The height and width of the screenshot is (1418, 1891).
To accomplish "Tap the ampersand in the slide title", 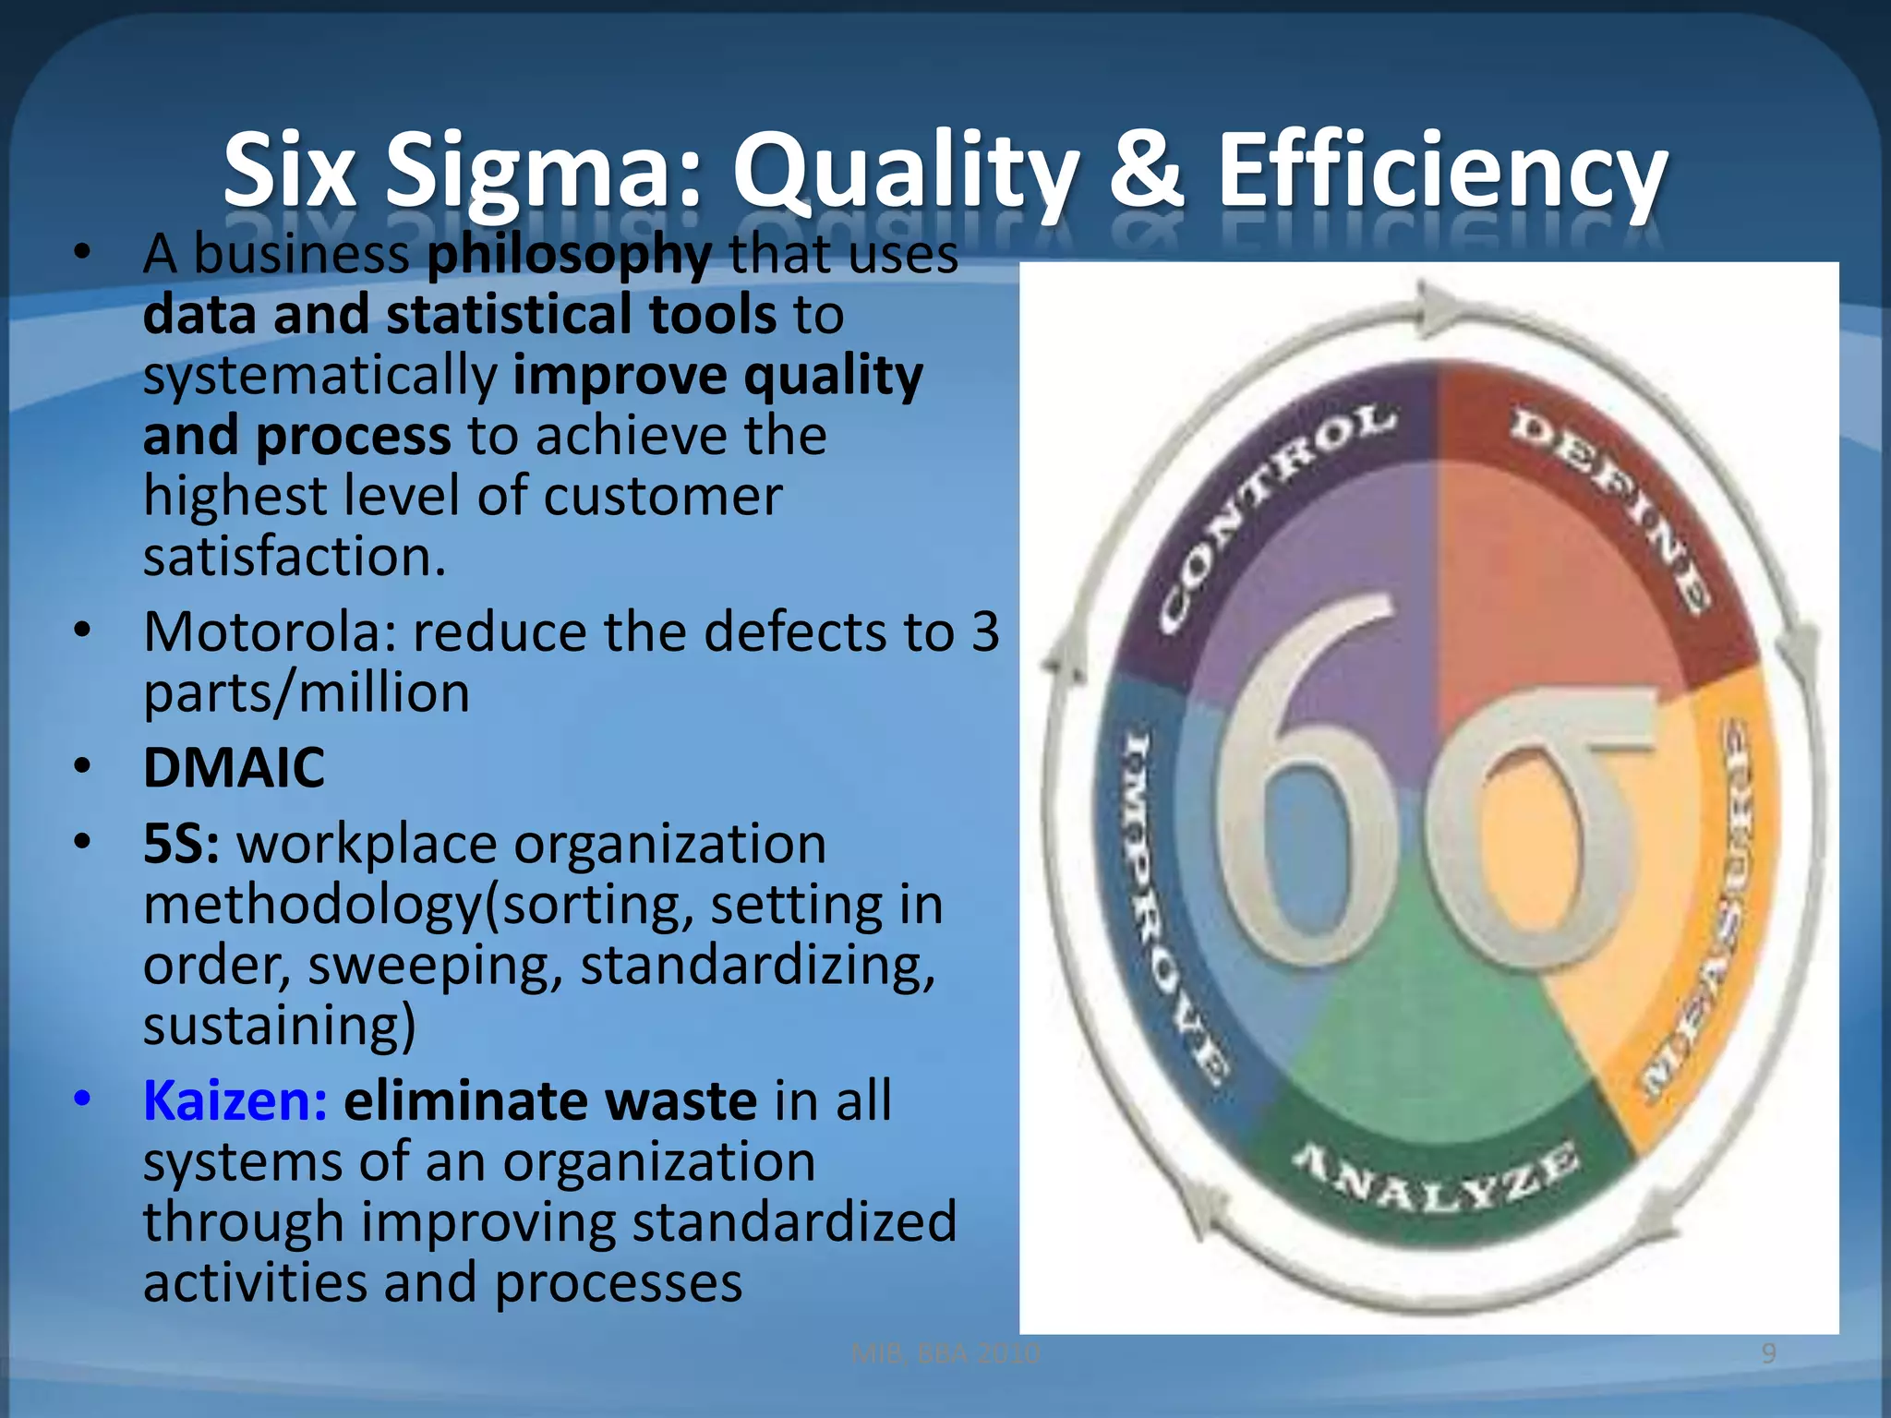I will pyautogui.click(x=1146, y=171).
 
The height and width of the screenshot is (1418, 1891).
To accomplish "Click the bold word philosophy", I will pyautogui.click(x=569, y=255).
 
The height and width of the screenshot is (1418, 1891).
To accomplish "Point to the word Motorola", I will pyautogui.click(x=268, y=632).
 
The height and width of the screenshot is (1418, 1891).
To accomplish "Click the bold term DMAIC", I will pyautogui.click(x=234, y=767).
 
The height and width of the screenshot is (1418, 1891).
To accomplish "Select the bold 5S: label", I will pyautogui.click(x=181, y=844).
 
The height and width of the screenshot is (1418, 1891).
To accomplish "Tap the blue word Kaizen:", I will pyautogui.click(x=235, y=1100).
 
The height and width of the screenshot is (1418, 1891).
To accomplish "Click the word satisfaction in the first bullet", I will pyautogui.click(x=294, y=557).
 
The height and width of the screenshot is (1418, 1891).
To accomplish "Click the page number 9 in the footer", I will pyautogui.click(x=1768, y=1353).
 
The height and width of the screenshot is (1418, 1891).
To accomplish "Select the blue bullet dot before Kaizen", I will pyautogui.click(x=83, y=1099).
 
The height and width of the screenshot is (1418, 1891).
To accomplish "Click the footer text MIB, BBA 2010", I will pyautogui.click(x=945, y=1353).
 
